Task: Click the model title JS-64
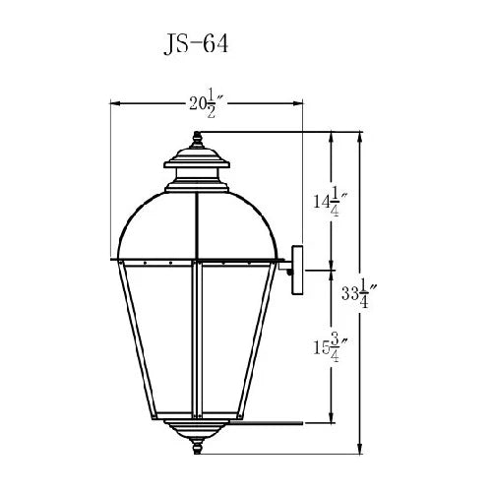(196, 44)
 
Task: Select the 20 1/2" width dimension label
(207, 104)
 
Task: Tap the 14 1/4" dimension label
(330, 202)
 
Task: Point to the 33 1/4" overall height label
(359, 293)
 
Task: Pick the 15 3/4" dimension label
(330, 347)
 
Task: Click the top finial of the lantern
(197, 140)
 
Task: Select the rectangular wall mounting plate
(298, 270)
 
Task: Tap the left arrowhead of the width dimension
(114, 103)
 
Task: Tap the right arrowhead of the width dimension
(298, 103)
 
